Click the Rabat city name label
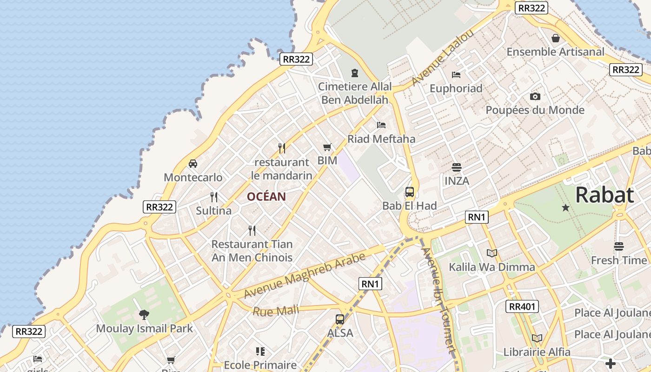[604, 195]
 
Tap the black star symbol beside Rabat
[565, 208]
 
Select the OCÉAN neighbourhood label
[266, 197]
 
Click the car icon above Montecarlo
[193, 164]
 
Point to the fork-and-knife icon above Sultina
[214, 197]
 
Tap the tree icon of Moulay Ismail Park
[144, 315]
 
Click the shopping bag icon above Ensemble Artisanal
[555, 38]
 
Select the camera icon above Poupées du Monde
[535, 96]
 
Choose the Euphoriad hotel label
[456, 88]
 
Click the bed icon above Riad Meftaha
[381, 125]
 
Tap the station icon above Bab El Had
[410, 192]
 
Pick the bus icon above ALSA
[340, 319]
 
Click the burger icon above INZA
[457, 167]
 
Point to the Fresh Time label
[618, 260]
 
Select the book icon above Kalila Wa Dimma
[492, 253]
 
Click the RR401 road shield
[522, 306]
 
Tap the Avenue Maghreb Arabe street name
[305, 276]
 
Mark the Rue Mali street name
[276, 310]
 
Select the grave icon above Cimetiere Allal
[355, 73]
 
